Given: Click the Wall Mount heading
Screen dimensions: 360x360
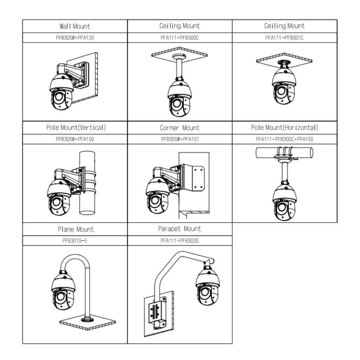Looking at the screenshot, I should click(75, 26).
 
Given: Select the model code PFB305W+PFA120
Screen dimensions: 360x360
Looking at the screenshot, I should click(75, 38).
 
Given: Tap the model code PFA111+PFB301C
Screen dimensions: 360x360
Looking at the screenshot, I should click(284, 38).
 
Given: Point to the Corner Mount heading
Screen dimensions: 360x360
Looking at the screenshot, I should click(179, 128).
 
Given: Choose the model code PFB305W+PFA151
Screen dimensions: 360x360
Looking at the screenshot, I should click(179, 139).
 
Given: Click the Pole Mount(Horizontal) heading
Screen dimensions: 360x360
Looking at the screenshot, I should click(284, 127).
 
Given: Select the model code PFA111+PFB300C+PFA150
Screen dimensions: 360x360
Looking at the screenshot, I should click(284, 139).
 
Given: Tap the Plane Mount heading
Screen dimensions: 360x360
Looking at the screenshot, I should click(76, 229).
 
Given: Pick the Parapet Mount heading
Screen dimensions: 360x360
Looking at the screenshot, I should click(179, 229).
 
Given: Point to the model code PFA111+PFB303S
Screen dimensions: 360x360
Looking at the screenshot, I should click(179, 241).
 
